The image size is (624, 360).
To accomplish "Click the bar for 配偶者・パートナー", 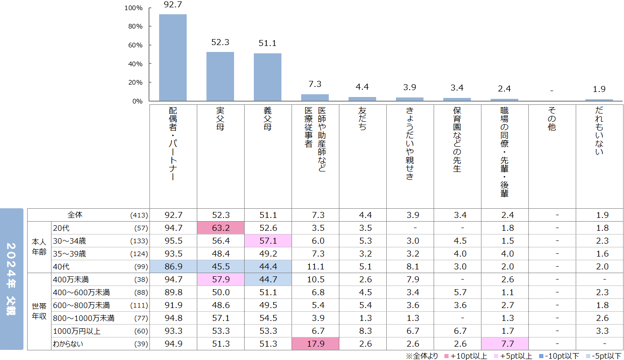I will pos(173,57).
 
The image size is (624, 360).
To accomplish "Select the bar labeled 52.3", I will pos(220,76).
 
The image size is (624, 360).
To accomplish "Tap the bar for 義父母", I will pos(268,77).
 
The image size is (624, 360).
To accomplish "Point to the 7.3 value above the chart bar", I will pos(315,84).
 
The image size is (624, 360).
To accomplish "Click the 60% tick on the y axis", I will pos(136,45).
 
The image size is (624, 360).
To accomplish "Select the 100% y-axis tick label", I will pos(134,8).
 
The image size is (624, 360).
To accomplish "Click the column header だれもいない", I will pos(599,131).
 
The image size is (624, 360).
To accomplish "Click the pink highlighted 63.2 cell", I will pos(220,228).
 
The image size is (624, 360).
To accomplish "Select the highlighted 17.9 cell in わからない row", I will pos(315,343).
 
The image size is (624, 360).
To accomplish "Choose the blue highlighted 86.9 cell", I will pos(173,266).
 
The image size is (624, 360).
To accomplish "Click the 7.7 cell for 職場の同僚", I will pos(504,343).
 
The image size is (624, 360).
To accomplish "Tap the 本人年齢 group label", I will pos(39,247).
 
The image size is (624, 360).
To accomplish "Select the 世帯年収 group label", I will pos(39,311).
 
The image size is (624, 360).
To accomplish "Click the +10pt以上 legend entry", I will pos(465,356).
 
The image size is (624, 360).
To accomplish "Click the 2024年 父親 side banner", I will pos(11,279).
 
